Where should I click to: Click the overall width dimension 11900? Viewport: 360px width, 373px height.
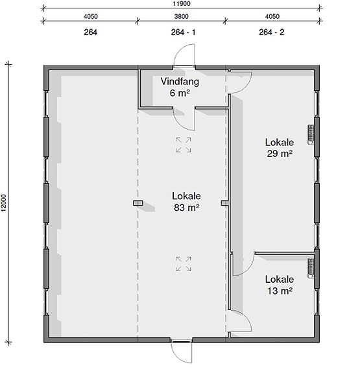pos(182,4)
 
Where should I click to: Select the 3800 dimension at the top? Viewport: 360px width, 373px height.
pos(182,16)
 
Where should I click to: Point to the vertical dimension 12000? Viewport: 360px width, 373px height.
pos(4,202)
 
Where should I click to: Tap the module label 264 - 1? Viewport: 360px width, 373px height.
pos(183,32)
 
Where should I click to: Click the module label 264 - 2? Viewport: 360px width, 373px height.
pos(272,32)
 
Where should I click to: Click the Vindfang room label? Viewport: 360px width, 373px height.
pos(180,81)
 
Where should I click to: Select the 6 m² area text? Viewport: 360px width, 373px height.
pos(180,93)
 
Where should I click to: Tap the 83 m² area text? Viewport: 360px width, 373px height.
pos(187,208)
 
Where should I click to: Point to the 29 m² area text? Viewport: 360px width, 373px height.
pos(280,154)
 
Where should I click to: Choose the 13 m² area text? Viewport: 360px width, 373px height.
pos(280,291)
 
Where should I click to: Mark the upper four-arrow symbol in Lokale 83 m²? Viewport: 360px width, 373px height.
pos(184,145)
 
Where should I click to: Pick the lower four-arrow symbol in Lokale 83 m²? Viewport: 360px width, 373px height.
pos(184,264)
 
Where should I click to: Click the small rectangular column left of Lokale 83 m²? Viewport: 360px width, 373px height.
pos(138,203)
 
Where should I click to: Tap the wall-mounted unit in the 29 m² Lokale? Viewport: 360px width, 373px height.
pos(311,134)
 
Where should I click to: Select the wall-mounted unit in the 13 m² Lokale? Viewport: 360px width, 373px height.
pos(311,268)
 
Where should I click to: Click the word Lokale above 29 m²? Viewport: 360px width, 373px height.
pos(280,142)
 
